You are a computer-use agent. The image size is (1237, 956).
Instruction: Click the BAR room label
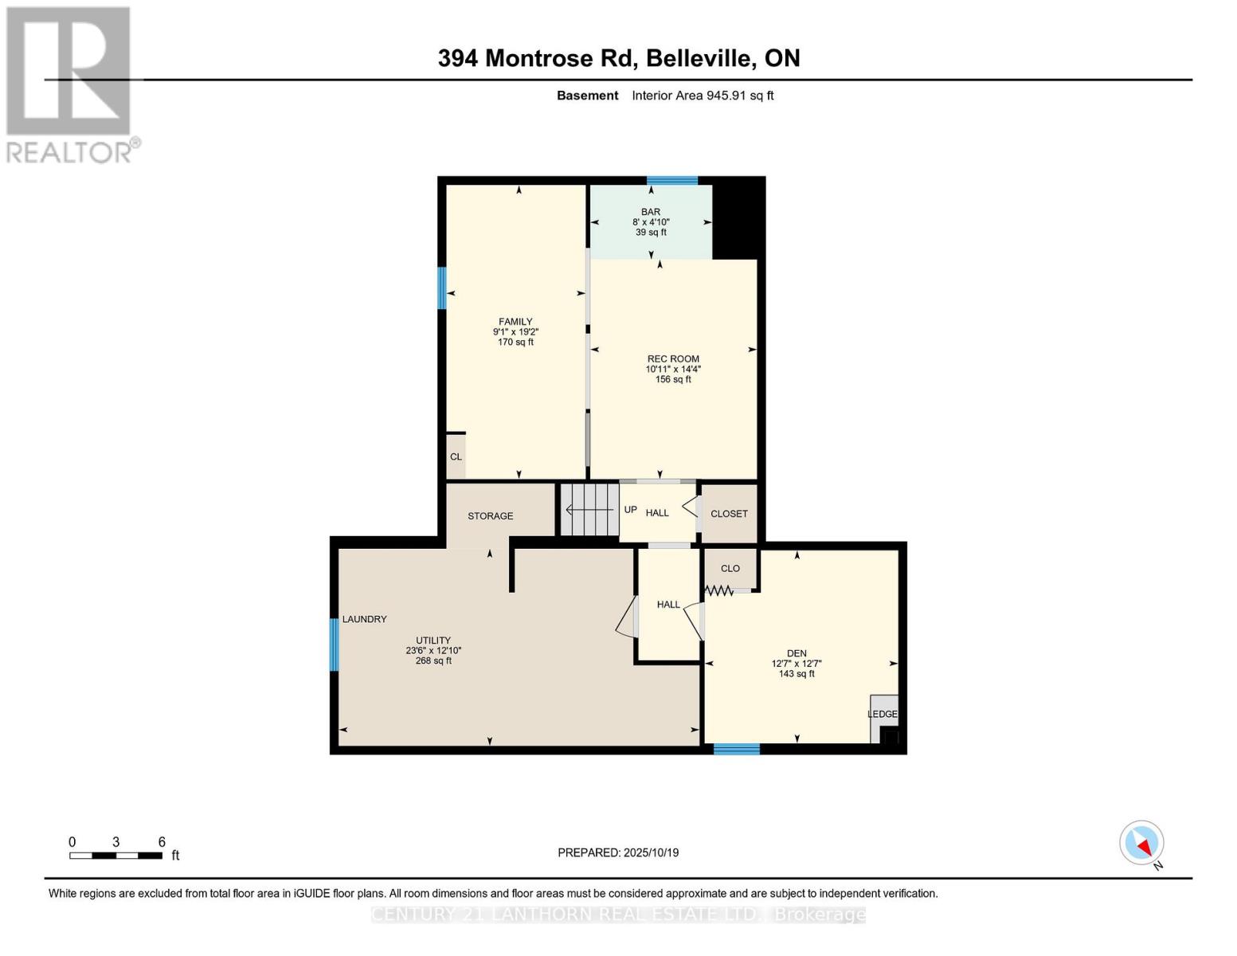point(650,212)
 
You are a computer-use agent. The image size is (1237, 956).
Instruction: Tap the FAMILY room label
point(515,322)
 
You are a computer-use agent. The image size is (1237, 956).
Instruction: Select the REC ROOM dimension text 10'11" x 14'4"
point(673,369)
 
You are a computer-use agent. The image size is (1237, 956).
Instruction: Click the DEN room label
point(797,653)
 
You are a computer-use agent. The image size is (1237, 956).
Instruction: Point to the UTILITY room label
point(433,641)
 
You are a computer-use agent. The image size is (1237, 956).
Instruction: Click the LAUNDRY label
point(365,619)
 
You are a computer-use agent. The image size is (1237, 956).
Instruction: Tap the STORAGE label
point(490,516)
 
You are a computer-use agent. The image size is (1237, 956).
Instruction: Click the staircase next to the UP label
point(589,509)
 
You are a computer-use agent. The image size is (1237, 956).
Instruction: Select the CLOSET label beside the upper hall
point(729,514)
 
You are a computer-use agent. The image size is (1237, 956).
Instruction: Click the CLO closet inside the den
point(730,569)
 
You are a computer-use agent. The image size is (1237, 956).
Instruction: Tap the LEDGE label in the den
point(882,715)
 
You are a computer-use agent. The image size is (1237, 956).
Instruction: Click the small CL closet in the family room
point(456,457)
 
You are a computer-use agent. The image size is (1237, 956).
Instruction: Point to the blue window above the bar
point(672,181)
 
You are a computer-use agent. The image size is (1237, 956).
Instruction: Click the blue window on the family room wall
point(442,288)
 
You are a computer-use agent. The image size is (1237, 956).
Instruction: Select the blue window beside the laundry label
point(335,645)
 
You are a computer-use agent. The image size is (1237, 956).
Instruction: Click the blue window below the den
point(736,749)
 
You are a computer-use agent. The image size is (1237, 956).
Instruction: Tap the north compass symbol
point(1142,844)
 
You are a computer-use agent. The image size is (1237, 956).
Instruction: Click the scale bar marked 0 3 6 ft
point(116,856)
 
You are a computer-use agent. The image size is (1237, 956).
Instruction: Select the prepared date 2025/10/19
point(618,852)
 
